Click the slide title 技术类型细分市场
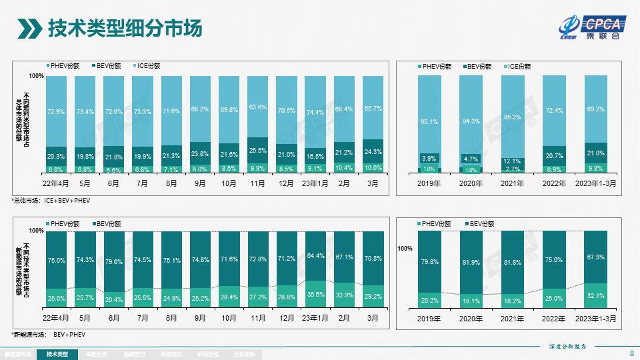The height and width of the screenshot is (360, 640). point(125,29)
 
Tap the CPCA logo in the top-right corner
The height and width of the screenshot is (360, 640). point(592,27)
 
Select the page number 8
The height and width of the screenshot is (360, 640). point(631,353)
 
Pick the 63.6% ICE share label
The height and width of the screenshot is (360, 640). point(258,107)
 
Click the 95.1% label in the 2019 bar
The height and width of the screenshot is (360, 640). point(429,122)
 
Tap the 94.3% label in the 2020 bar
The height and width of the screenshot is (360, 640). point(471,121)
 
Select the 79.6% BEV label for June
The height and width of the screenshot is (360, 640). point(114,262)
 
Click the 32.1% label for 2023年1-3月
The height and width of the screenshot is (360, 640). point(595,295)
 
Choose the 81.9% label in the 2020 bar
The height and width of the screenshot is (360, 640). point(471,263)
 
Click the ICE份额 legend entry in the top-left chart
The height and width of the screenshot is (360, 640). point(147,66)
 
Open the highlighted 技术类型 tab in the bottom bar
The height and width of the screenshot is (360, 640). point(57,354)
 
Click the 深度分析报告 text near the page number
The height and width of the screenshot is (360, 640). point(567,347)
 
